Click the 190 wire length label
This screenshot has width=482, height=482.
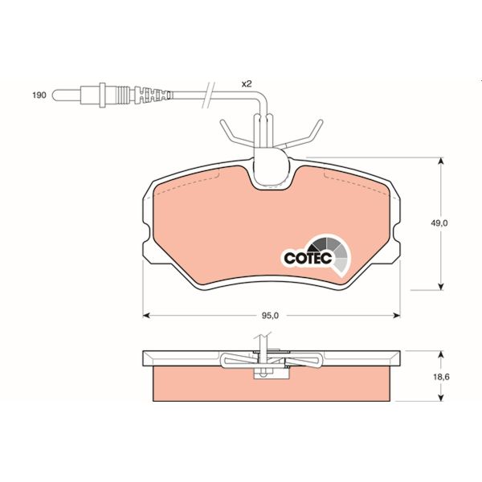[38, 95]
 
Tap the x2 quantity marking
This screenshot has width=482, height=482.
[247, 84]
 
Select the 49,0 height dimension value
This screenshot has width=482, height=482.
[439, 224]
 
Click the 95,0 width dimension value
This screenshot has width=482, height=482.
[270, 315]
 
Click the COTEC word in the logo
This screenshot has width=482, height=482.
[304, 259]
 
